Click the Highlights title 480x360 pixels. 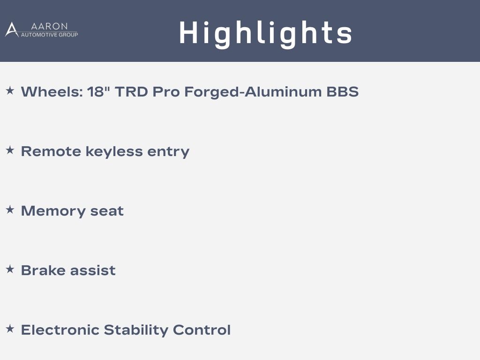[x=265, y=34]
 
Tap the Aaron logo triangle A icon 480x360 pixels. [x=12, y=30]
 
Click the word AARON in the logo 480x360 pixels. [x=49, y=26]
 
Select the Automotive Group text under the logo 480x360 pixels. [x=49, y=35]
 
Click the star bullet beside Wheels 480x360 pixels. [x=10, y=90]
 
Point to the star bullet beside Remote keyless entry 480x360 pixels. [x=10, y=150]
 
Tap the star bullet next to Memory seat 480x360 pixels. [x=10, y=210]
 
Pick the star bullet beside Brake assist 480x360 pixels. [x=10, y=269]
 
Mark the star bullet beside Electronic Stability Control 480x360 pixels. [x=10, y=329]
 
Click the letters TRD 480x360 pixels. [x=131, y=91]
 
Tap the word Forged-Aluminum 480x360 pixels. [x=253, y=92]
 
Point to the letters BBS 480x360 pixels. [x=343, y=91]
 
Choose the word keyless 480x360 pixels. [x=114, y=151]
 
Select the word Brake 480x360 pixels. [x=43, y=270]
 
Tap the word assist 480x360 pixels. [x=93, y=270]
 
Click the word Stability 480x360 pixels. [x=136, y=330]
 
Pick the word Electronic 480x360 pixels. [x=60, y=330]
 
